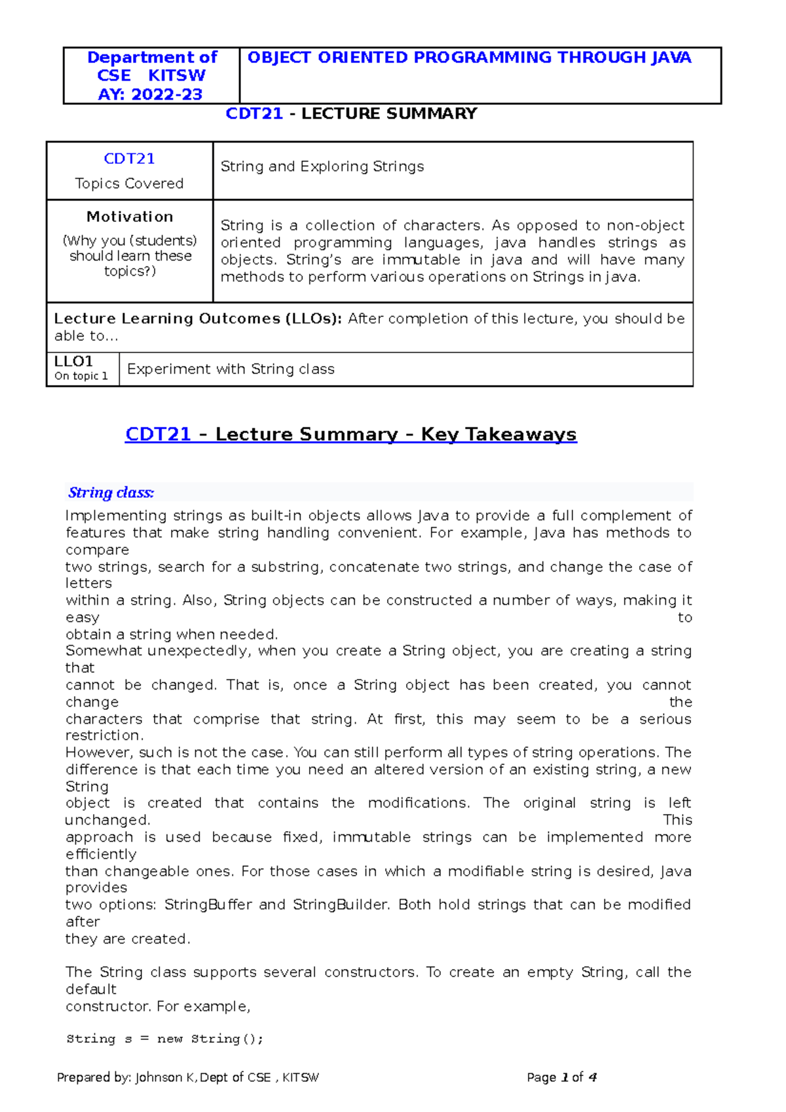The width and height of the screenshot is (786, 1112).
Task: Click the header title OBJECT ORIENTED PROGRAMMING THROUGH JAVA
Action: coord(469,58)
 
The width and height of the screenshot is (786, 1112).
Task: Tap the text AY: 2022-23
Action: coord(150,94)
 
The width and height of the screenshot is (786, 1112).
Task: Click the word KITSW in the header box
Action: coord(177,75)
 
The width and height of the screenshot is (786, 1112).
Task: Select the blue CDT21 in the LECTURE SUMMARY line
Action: coord(254,113)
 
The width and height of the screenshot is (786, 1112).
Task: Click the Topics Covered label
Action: coord(129,183)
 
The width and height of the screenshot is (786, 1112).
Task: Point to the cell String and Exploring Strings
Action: coord(322,166)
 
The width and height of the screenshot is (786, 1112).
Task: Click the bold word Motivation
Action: coord(130,217)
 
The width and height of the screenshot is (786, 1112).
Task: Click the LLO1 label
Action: coord(73,361)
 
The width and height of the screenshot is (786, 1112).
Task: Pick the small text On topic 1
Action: coord(81,376)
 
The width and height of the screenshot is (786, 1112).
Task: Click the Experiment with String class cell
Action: coord(231,369)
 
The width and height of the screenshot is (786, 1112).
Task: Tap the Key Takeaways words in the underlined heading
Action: coord(498,434)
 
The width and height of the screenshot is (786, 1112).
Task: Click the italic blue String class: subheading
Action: coord(111,492)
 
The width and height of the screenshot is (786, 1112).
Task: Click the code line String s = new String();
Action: coord(164,1039)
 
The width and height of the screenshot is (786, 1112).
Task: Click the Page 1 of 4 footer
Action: coord(561,1077)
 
